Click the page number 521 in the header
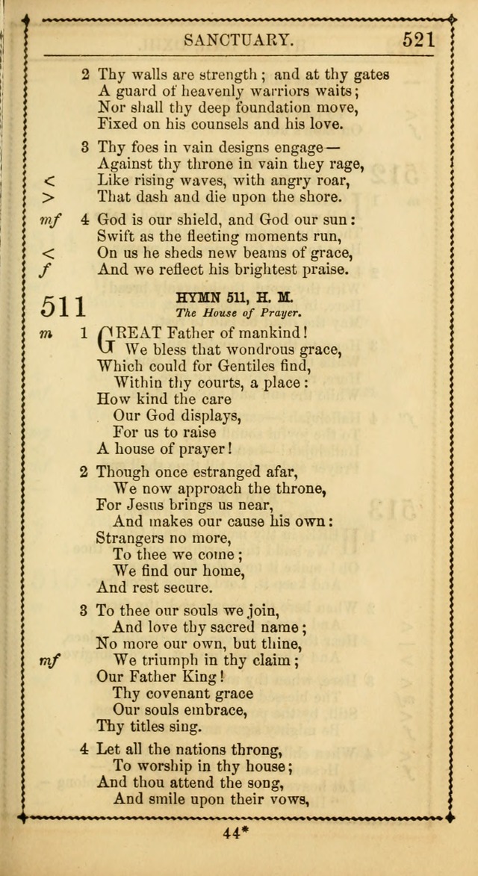[x=419, y=40]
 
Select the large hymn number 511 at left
[x=63, y=307]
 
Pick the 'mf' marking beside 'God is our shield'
[x=49, y=220]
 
